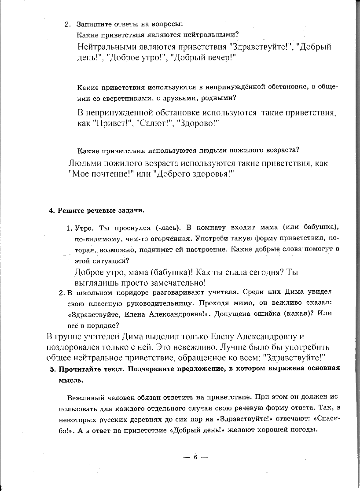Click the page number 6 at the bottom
[195, 457]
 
